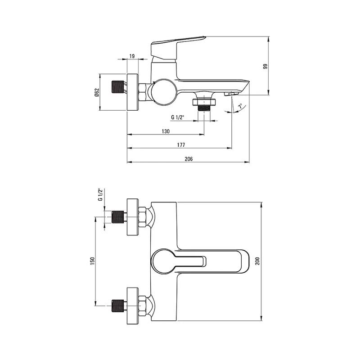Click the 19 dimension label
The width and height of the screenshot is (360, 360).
pyautogui.click(x=132, y=56)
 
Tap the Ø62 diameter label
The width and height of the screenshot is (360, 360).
pyautogui.click(x=97, y=92)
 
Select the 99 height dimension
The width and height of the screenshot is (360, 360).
pyautogui.click(x=265, y=67)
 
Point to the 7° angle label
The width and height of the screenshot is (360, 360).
pyautogui.click(x=240, y=106)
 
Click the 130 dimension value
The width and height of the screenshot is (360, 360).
pyautogui.click(x=166, y=131)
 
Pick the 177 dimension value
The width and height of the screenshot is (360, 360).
pyautogui.click(x=181, y=145)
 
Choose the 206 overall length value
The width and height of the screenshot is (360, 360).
pyautogui.click(x=189, y=159)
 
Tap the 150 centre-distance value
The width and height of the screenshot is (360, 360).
pyautogui.click(x=92, y=261)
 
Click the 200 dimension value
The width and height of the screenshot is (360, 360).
pyautogui.click(x=257, y=261)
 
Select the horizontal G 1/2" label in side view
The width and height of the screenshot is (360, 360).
pyautogui.click(x=178, y=117)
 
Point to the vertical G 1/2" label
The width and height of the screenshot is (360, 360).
pyautogui.click(x=100, y=194)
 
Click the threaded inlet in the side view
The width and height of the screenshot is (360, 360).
pyautogui.click(x=117, y=87)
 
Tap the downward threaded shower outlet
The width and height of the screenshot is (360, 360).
pyautogui.click(x=204, y=105)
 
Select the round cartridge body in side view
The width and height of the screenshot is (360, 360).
pyautogui.click(x=164, y=92)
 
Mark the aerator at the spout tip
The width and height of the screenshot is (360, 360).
pyautogui.click(x=231, y=94)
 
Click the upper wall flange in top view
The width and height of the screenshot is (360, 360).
pyautogui.click(x=133, y=217)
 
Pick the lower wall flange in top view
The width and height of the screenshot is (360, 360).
pyautogui.click(x=133, y=306)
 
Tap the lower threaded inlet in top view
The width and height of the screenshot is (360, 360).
pyautogui.click(x=117, y=306)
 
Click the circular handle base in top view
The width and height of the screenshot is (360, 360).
pyautogui.click(x=163, y=261)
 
